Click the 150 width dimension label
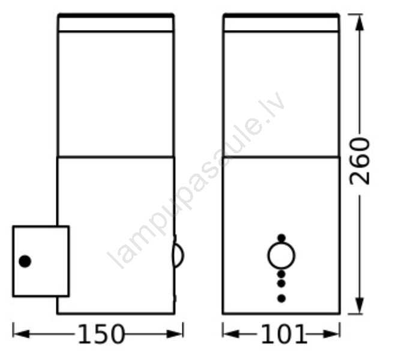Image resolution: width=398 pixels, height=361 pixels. (101, 334)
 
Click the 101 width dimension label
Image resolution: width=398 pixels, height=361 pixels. (284, 334)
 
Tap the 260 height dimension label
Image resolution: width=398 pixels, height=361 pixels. (360, 161)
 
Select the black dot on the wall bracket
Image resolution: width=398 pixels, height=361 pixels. (25, 261)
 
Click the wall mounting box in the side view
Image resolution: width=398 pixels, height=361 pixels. (41, 261)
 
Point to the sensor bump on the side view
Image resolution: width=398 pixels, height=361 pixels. (178, 255)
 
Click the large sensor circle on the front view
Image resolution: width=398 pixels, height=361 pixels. (281, 255)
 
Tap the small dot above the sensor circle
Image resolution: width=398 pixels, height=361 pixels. (281, 238)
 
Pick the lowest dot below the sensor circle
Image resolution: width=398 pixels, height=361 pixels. (281, 299)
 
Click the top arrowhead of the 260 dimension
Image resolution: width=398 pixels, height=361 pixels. (359, 22)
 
